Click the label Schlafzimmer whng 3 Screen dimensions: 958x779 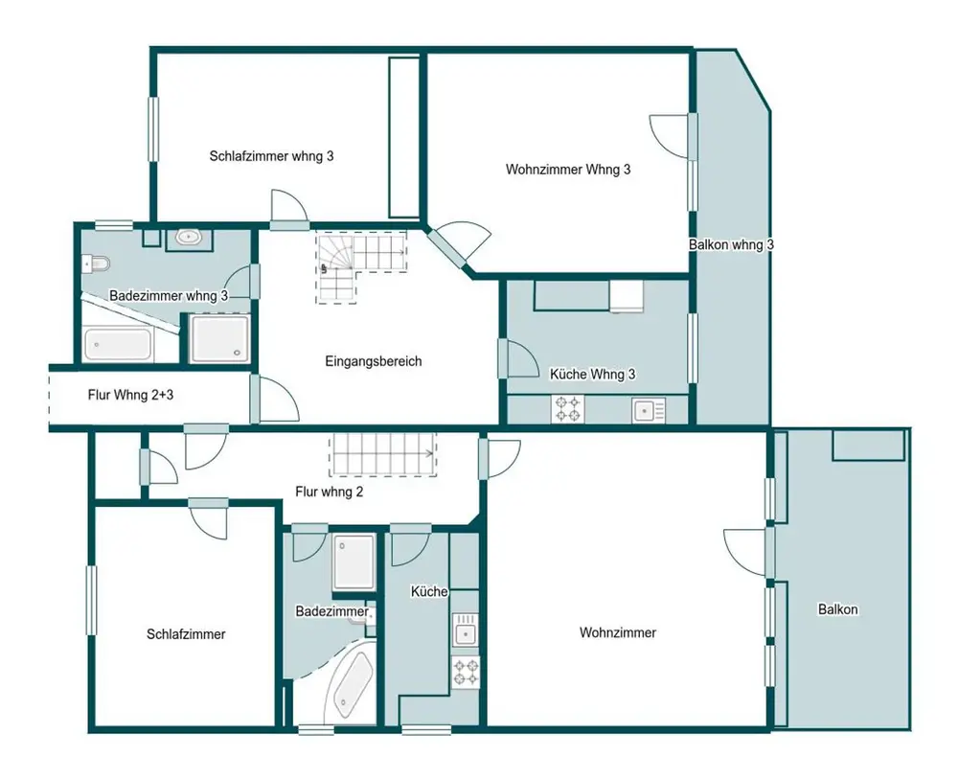[x=271, y=156]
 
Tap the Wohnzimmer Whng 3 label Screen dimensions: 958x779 [x=567, y=170]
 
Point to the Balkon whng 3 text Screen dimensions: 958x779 [x=731, y=244]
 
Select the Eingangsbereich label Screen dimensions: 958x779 [x=374, y=361]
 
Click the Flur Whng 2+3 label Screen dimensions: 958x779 [x=130, y=395]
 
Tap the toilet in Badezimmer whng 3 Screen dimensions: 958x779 [x=95, y=263]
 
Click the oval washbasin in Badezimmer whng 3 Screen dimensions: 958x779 [x=190, y=237]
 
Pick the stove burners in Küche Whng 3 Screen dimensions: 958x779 [x=567, y=409]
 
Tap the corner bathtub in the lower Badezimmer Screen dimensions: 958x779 [x=350, y=684]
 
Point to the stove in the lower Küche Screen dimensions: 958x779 [x=466, y=672]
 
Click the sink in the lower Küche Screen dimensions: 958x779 [x=466, y=630]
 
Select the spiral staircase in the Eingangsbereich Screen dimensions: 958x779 [x=360, y=267]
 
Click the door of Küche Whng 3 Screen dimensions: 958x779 [x=517, y=358]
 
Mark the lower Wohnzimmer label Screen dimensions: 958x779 [x=618, y=632]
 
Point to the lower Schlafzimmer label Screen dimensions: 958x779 [x=186, y=634]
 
